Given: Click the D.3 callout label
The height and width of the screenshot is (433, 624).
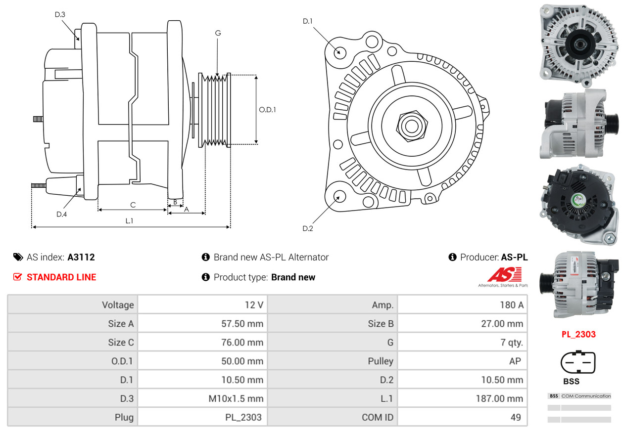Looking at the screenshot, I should [x=60, y=14].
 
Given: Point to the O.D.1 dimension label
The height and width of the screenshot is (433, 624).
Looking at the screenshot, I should [x=267, y=110].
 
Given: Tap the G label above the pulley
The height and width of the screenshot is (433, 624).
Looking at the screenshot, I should [x=218, y=33].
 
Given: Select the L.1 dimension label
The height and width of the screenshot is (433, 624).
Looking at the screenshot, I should [x=129, y=221].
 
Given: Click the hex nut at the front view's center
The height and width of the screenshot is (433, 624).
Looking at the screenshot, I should [x=411, y=126].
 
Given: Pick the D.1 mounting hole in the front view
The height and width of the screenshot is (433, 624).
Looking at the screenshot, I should [x=339, y=52].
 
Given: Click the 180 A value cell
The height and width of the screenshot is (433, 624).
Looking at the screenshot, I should [x=511, y=305].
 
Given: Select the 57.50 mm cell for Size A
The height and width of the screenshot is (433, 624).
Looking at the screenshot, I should [x=242, y=324].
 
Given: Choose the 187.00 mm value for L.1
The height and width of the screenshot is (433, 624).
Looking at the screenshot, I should [x=503, y=398].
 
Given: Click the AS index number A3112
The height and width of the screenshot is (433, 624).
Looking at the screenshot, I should [x=81, y=257].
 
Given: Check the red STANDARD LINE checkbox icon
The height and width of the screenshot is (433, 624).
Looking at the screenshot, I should [x=17, y=277].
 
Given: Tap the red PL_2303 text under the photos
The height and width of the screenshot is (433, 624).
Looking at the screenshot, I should [x=578, y=334].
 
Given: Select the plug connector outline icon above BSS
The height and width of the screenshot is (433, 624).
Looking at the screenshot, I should [x=578, y=363].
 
